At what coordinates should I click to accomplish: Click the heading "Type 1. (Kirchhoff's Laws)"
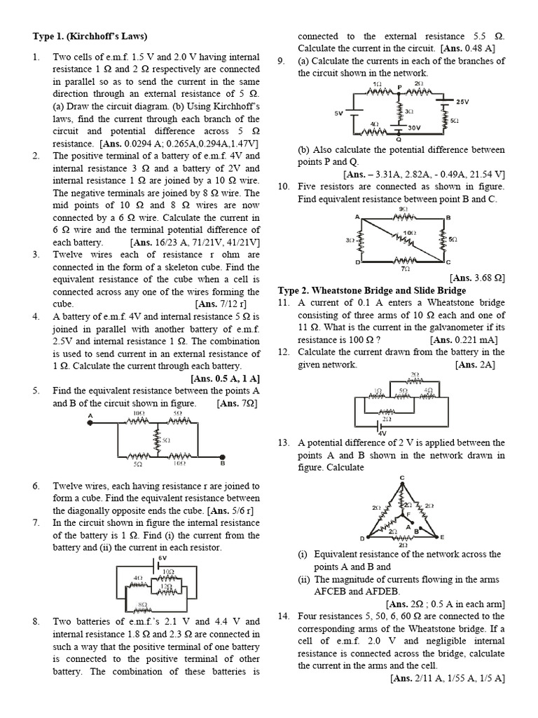90,36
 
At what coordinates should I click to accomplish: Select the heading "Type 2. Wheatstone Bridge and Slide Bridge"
372,290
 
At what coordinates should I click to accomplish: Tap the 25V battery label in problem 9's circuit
462,102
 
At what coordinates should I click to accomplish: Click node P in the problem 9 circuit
399,87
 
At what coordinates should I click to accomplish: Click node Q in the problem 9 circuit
399,139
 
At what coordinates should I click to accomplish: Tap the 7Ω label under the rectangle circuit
404,268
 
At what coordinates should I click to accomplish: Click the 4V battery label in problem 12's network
382,433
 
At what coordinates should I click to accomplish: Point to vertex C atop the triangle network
402,478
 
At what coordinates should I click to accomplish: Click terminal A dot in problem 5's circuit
90,423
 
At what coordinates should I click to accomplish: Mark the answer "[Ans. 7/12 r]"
219,304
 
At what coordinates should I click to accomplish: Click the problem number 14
283,616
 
